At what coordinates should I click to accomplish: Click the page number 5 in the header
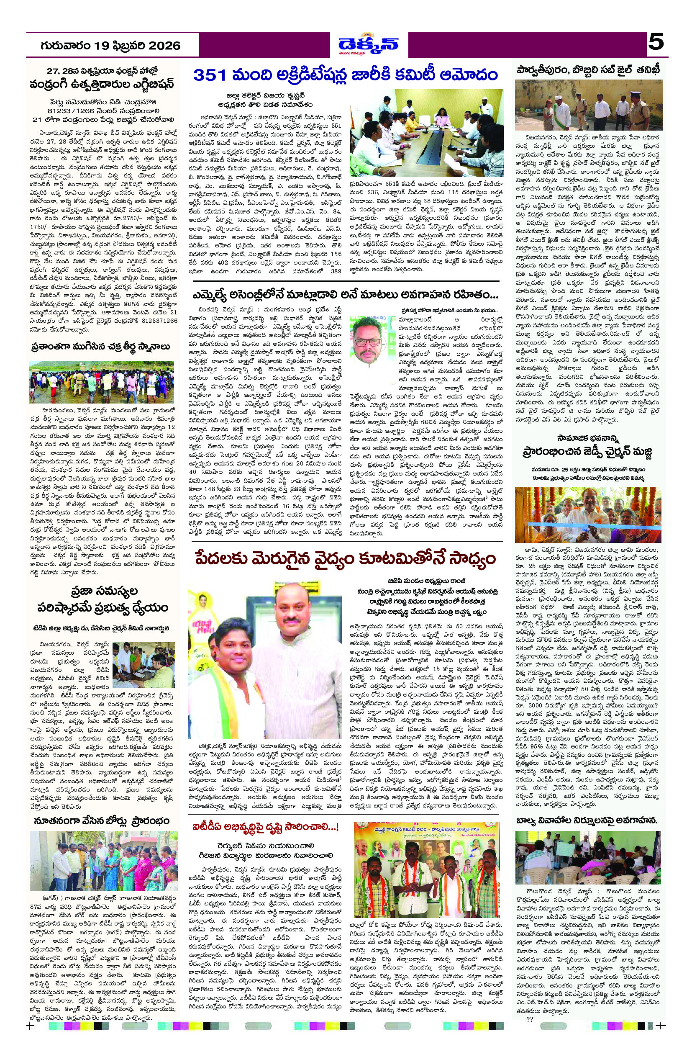[x=656, y=44]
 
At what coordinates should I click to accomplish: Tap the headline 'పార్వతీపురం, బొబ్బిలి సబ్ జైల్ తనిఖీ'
[x=588, y=69]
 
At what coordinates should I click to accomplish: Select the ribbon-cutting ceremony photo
[x=587, y=514]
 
